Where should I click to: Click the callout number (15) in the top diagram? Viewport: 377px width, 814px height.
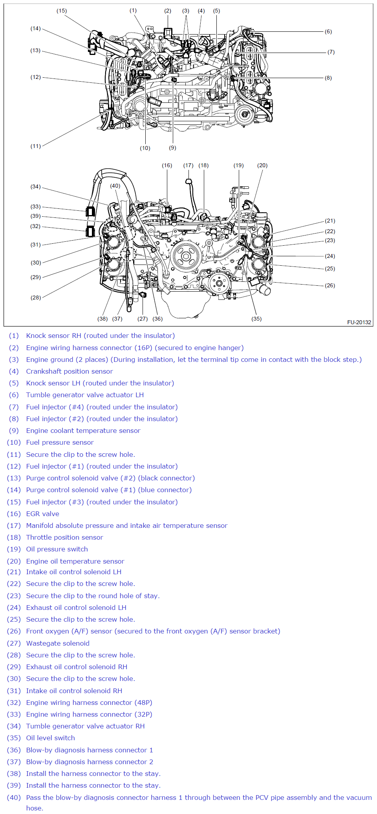click(x=62, y=11)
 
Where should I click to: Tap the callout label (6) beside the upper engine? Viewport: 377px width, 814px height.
click(x=328, y=32)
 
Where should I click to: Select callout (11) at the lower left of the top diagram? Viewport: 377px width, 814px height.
click(x=36, y=146)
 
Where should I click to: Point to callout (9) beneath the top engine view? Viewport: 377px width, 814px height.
click(x=172, y=148)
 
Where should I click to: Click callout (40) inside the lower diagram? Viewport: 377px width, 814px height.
click(x=115, y=186)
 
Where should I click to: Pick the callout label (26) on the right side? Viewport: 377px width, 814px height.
click(x=330, y=285)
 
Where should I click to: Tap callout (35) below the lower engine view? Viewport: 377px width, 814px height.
click(x=256, y=319)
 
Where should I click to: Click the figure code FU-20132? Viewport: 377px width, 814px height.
click(x=359, y=322)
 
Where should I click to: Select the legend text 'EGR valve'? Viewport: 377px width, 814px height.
click(x=42, y=514)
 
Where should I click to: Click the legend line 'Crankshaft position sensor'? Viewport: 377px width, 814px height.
click(x=70, y=371)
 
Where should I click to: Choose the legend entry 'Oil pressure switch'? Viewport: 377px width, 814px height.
click(x=57, y=549)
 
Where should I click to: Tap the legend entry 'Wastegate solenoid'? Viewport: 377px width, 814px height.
click(x=58, y=643)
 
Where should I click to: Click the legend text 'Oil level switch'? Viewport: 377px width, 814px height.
click(x=50, y=738)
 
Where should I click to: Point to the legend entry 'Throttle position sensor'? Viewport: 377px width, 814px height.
click(x=64, y=537)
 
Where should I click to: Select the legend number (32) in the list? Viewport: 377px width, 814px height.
click(x=14, y=703)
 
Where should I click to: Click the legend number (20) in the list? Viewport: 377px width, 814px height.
click(x=14, y=561)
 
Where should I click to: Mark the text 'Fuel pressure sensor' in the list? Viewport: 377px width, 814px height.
click(x=60, y=442)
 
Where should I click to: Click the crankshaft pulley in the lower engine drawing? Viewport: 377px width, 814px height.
click(x=186, y=257)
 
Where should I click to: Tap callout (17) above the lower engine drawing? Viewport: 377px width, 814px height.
click(x=188, y=165)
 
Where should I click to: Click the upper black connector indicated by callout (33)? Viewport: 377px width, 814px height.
click(x=90, y=211)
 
